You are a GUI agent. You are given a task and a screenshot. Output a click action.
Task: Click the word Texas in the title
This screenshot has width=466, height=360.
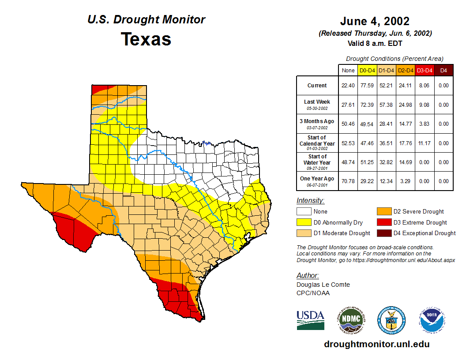point(146,39)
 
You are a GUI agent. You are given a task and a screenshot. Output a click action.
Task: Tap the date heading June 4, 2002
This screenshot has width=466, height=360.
point(375,21)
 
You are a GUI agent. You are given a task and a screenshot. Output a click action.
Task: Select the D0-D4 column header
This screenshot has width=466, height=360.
point(367,70)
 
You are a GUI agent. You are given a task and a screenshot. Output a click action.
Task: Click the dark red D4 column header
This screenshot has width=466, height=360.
point(443,70)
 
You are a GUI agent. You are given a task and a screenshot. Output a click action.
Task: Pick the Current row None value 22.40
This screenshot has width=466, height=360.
point(348,86)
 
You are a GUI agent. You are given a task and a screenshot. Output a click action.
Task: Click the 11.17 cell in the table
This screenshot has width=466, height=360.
point(425,143)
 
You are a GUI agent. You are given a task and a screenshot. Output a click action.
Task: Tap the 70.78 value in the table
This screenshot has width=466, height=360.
point(348,181)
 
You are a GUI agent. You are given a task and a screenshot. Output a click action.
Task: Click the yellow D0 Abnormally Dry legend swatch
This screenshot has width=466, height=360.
point(304,222)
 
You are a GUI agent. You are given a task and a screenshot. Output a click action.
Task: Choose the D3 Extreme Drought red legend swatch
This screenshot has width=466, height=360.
point(383,222)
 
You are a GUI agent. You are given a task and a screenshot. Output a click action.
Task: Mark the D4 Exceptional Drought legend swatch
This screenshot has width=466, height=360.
point(383,233)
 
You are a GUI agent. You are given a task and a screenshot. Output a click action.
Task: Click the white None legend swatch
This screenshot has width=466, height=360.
point(304,212)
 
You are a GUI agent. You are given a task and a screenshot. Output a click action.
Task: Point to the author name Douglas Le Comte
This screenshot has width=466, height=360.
point(323,285)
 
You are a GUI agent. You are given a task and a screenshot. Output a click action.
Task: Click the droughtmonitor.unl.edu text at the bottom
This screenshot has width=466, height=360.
point(376,344)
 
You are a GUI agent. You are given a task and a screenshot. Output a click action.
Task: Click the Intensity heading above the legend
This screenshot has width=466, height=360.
point(310,201)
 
